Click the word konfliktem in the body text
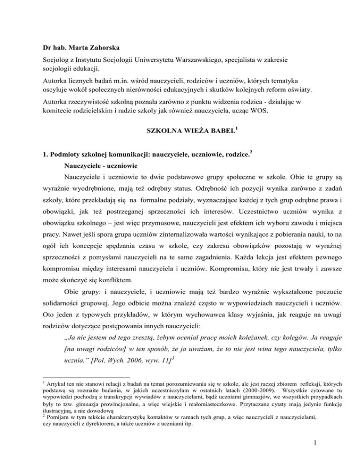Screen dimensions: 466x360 (115, 272)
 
